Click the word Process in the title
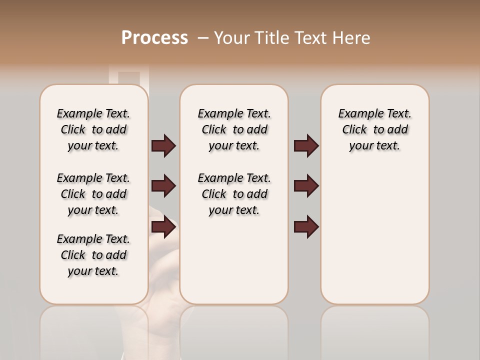[x=154, y=38]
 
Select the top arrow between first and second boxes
[x=163, y=145]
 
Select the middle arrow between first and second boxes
[x=163, y=186]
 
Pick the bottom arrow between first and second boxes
[x=163, y=227]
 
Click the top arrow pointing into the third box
[x=306, y=145]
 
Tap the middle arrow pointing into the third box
[x=306, y=186]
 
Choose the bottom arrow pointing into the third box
[x=306, y=227]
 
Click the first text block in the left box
[x=93, y=129]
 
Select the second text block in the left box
[x=93, y=194]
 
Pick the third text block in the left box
[x=93, y=255]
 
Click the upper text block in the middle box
[x=234, y=129]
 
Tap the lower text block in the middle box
[x=234, y=194]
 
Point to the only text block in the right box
[x=374, y=129]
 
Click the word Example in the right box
[x=356, y=114]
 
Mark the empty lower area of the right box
[x=374, y=235]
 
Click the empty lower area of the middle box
[x=234, y=260]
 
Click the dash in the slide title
[x=203, y=38]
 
